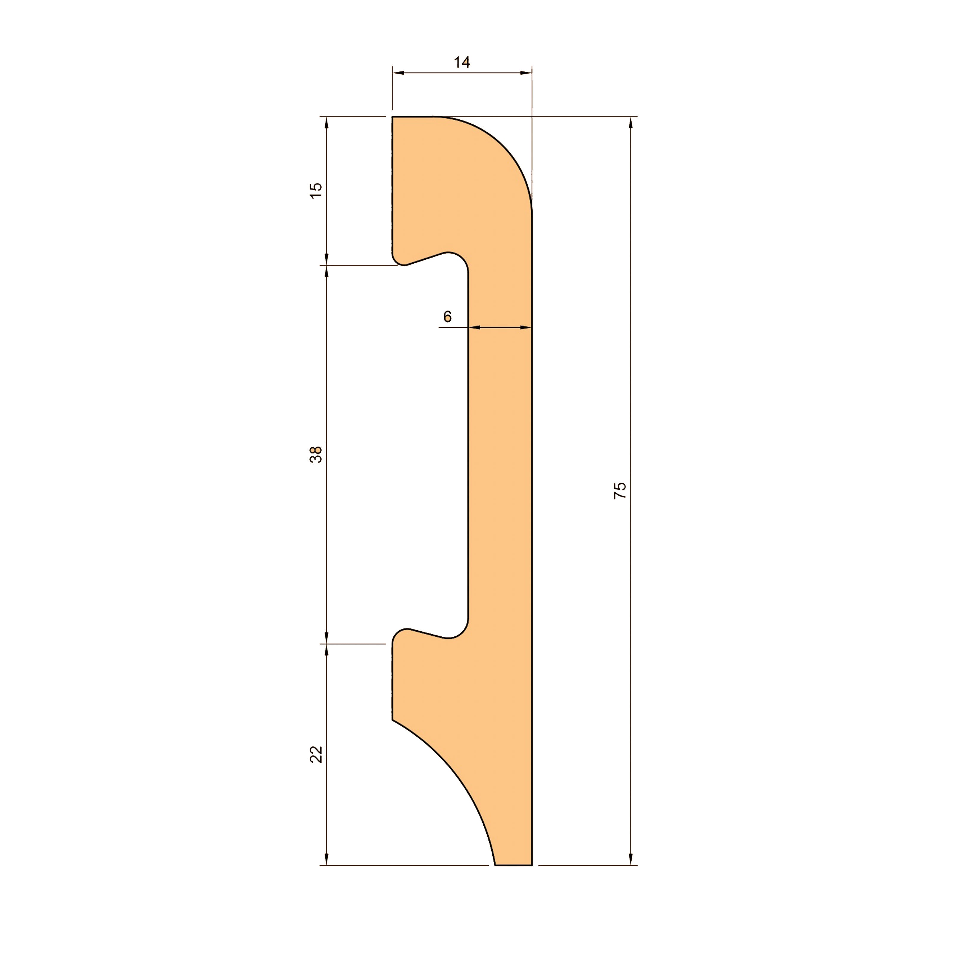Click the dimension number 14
462,63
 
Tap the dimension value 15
316,190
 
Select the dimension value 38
316,454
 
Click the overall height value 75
619,491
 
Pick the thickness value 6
447,316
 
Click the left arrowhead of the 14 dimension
398,73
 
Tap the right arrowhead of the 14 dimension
526,73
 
